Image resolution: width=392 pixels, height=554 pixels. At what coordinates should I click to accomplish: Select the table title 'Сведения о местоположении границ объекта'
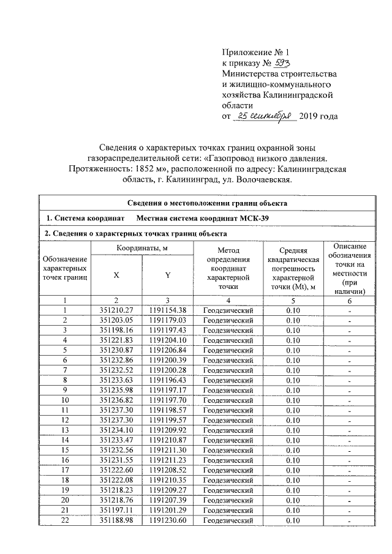(207, 204)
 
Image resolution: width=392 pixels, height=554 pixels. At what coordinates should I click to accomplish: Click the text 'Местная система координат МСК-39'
(202, 219)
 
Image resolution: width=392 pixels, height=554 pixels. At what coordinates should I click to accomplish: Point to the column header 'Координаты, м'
(141, 247)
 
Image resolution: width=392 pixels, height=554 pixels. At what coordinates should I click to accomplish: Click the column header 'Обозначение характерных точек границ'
(64, 269)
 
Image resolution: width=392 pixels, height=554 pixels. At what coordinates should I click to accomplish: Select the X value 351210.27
(116, 310)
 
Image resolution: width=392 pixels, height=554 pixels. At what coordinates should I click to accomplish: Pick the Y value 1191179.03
(167, 320)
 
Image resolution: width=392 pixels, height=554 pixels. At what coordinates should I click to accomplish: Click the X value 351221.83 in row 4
(116, 340)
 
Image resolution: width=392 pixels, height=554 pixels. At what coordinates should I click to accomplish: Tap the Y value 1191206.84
(167, 350)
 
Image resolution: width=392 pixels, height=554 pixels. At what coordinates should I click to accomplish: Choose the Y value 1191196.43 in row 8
(167, 380)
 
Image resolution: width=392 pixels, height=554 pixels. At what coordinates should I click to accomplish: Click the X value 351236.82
(116, 399)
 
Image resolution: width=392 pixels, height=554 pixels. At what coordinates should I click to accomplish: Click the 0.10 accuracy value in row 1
(293, 310)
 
